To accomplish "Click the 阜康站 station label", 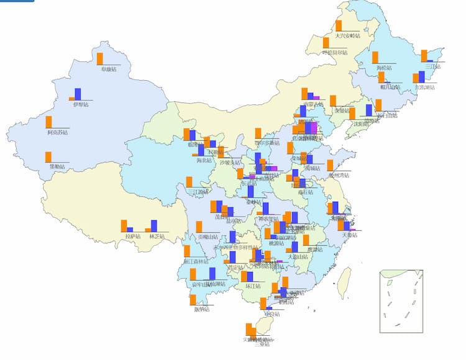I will [112, 69].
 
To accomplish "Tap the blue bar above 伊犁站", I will [78, 94].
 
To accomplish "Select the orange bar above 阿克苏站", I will [49, 122].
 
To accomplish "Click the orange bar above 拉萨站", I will [124, 226].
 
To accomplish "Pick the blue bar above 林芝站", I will [154, 226].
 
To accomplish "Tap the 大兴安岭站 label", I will [347, 35].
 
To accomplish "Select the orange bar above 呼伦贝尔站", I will [326, 43].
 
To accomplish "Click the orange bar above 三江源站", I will [190, 182].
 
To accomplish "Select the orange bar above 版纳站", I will [193, 300].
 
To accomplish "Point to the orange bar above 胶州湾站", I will [330, 165].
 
